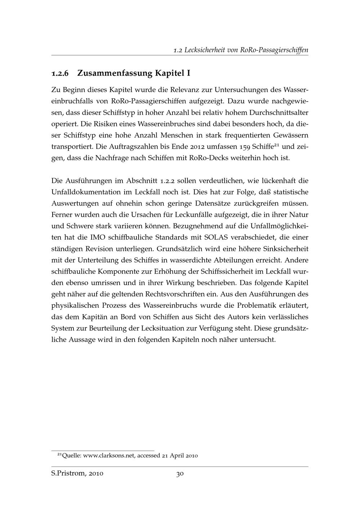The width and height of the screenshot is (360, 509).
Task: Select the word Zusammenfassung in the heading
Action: point(115,74)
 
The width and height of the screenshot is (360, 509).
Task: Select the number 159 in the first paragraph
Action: point(244,147)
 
